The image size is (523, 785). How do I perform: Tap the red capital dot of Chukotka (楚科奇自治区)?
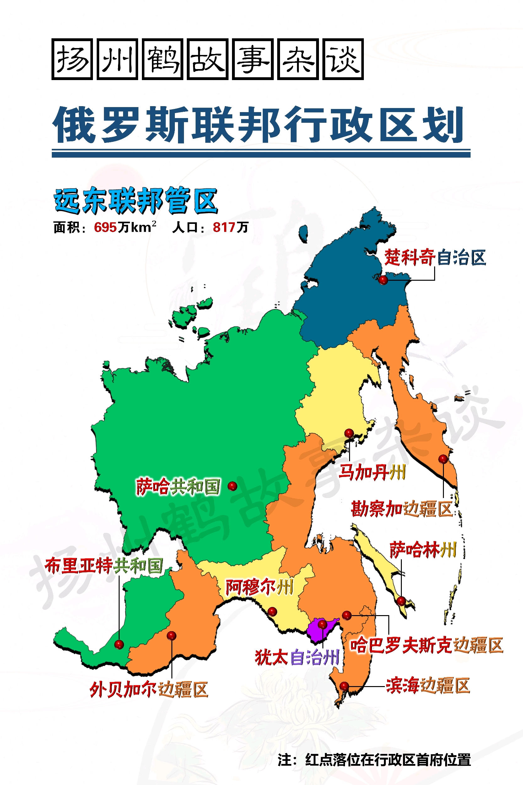pos(383,280)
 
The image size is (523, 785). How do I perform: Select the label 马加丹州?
pos(372,473)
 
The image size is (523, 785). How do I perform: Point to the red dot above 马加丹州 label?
pos(349,433)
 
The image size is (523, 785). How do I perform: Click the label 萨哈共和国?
pos(178,486)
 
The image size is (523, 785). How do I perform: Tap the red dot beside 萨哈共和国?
pos(233,486)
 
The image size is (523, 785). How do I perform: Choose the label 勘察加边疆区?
pos(401,509)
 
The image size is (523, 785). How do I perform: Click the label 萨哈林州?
pos(423,550)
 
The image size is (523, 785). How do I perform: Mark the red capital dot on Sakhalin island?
pos(401,601)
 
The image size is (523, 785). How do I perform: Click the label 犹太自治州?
pos(297,657)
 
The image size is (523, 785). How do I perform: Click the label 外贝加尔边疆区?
pos(149,690)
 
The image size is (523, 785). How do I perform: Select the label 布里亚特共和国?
pos(104,566)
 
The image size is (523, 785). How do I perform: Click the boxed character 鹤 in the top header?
pos(162,59)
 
